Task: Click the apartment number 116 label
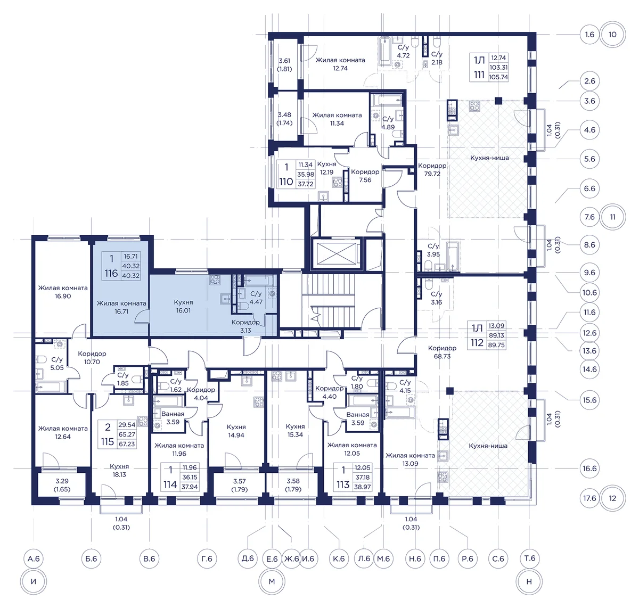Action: (111, 273)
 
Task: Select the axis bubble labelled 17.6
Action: (589, 498)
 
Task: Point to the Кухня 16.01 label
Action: (183, 306)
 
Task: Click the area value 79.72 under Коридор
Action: (432, 174)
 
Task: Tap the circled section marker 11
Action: (613, 217)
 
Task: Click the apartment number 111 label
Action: (479, 75)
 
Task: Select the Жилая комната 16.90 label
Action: (63, 292)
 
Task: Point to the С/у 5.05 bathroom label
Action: (57, 363)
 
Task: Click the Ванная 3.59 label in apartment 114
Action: (173, 418)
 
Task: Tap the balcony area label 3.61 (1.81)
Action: (284, 64)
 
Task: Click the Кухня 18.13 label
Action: (119, 470)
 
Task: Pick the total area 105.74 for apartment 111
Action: (498, 77)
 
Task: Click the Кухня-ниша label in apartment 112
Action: (488, 446)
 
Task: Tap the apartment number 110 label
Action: (286, 182)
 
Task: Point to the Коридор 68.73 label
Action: (442, 352)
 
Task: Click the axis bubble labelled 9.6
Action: (589, 272)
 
